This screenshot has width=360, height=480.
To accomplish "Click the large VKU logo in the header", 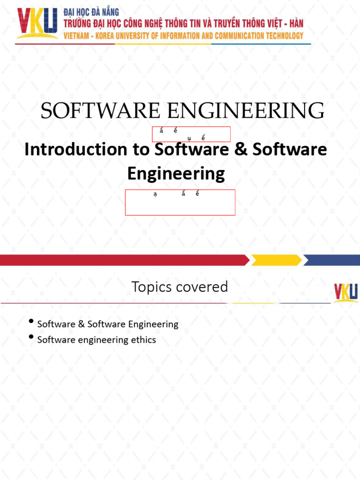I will click(x=37, y=23).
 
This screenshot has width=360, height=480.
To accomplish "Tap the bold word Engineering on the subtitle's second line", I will click(x=176, y=173).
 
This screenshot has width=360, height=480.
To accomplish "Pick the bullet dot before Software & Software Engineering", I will click(x=31, y=322).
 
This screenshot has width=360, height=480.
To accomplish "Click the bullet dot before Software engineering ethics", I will click(x=31, y=337).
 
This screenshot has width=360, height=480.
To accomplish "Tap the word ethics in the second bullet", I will click(x=143, y=340).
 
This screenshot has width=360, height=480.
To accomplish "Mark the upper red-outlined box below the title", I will click(x=191, y=134).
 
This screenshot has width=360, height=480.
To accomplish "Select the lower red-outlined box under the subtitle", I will click(x=180, y=202).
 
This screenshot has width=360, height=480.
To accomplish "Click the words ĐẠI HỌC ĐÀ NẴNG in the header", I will click(x=91, y=12).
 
